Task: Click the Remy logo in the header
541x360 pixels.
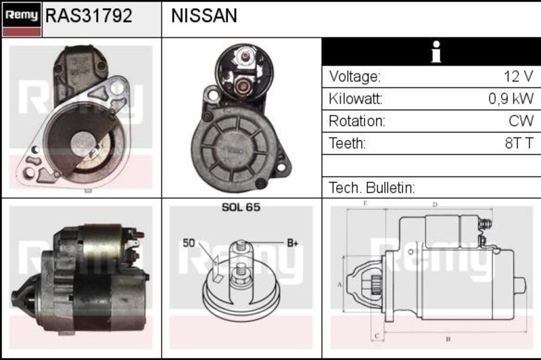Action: (x=22, y=20)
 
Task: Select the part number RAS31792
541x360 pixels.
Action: (x=89, y=16)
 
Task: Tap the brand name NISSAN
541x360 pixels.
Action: (x=204, y=16)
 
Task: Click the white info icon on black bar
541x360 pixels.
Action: (x=436, y=52)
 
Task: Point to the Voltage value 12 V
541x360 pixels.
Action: (x=519, y=76)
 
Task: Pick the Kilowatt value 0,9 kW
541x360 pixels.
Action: (x=511, y=99)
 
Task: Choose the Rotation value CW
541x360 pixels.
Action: (x=521, y=121)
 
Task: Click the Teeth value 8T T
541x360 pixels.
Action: (x=519, y=143)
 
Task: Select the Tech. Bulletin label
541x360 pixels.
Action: (x=371, y=187)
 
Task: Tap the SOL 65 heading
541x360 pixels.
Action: (x=241, y=207)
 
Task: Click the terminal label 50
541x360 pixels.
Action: (x=189, y=243)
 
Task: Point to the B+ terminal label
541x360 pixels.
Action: (x=293, y=243)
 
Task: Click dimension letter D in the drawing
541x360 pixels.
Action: (x=435, y=204)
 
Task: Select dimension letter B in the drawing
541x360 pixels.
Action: (x=448, y=339)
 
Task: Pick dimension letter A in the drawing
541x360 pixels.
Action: (x=339, y=285)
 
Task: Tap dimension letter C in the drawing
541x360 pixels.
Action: (x=377, y=336)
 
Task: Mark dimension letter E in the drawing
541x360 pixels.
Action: (x=365, y=203)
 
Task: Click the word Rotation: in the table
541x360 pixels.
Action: (x=357, y=121)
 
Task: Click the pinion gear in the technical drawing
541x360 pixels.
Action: (x=376, y=285)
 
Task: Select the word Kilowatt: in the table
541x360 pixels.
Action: (x=356, y=99)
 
